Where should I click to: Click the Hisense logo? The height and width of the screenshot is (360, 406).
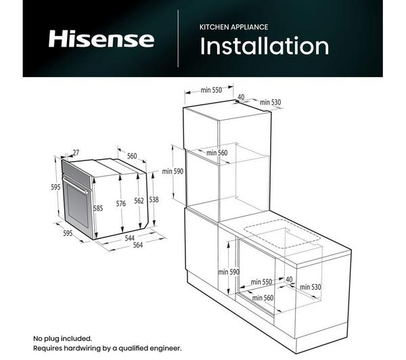101,39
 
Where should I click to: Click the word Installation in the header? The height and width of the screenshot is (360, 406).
265,46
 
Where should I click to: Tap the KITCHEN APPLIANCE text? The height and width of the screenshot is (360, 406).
233,27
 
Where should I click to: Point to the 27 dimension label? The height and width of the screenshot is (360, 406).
76,152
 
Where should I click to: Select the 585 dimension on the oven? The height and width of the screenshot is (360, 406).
98,208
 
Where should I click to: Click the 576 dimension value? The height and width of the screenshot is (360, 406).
120,204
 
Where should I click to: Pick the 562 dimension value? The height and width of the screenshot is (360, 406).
139,200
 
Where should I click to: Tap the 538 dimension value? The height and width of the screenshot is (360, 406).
154,200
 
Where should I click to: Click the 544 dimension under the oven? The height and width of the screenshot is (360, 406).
129,238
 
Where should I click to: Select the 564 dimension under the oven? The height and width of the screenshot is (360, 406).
138,245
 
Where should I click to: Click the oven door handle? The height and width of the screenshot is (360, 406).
75,184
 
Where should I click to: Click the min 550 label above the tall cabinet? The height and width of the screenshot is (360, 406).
211,90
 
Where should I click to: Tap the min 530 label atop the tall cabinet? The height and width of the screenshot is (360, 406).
270,102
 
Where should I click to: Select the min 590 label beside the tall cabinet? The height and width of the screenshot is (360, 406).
173,171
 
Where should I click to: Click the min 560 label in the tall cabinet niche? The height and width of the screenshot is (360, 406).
217,152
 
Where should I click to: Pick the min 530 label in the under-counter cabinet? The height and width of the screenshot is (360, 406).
311,287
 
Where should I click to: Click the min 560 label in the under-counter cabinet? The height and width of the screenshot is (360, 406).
263,298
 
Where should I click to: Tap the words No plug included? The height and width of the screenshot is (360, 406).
62,338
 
